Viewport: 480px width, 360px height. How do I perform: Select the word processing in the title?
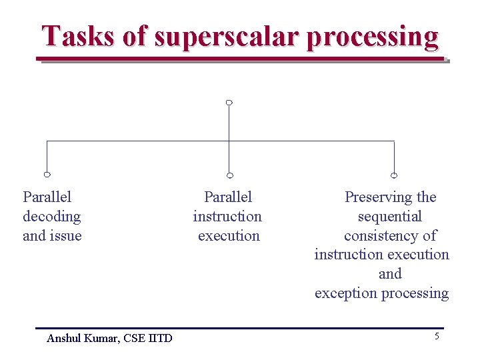coord(373,37)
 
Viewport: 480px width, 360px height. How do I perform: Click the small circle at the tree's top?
coord(229,103)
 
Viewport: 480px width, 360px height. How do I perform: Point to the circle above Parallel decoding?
coord(47,175)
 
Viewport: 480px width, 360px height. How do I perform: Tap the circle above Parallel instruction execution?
coord(229,175)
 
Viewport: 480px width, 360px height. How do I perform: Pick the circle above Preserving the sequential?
coord(394,175)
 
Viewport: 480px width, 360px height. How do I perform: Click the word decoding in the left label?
coord(51,217)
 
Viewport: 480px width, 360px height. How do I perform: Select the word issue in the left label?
coord(66,235)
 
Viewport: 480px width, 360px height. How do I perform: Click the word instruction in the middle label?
coord(227,217)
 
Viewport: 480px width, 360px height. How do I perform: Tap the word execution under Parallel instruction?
coord(229,235)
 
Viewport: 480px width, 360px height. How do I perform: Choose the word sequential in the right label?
coord(390,217)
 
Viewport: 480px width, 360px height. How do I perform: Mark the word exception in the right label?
coord(345,293)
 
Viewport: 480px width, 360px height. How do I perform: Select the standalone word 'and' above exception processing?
coord(390,274)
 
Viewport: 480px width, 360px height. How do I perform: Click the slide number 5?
coord(437,337)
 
